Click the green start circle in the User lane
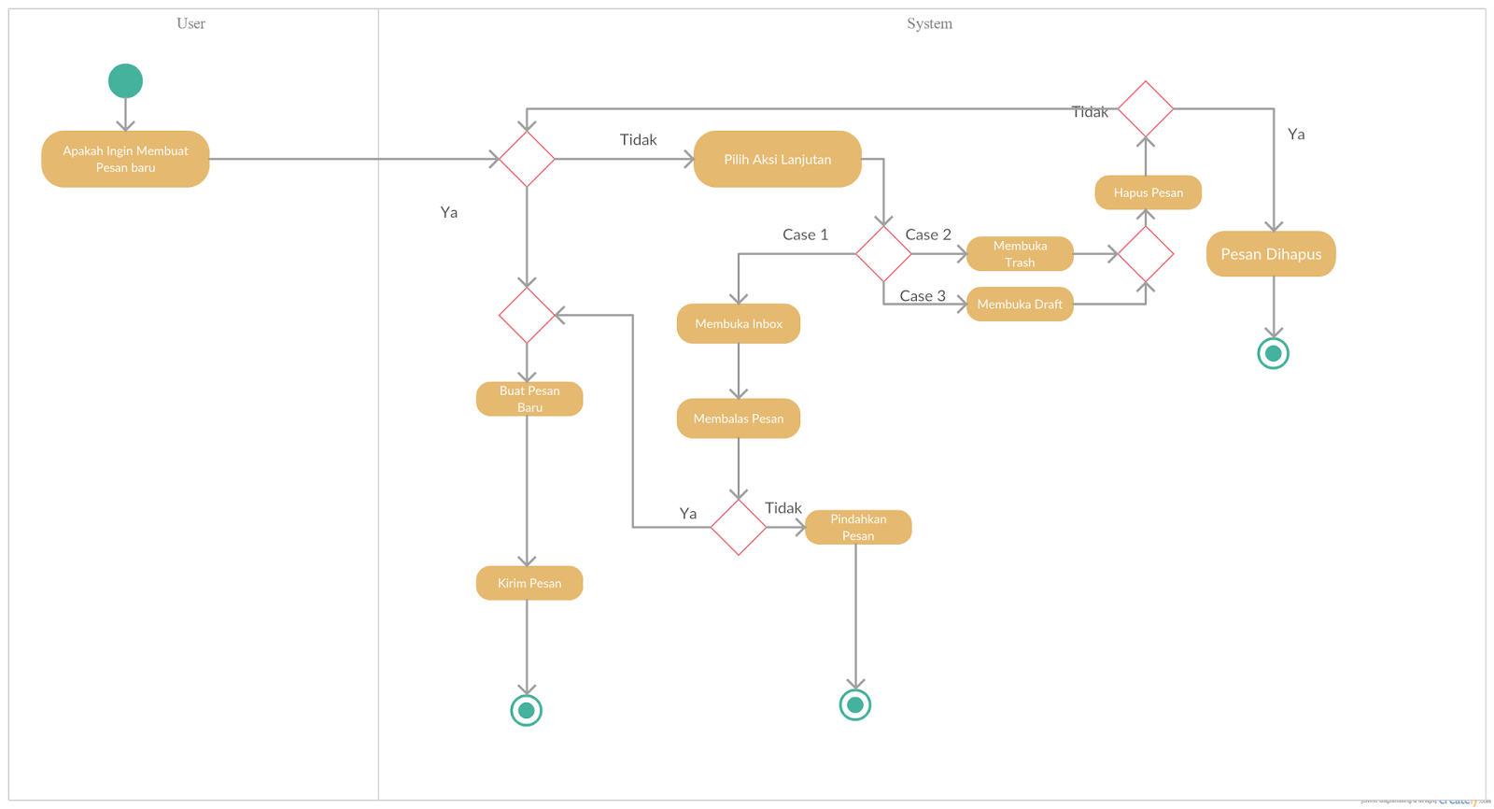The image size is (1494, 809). [x=125, y=81]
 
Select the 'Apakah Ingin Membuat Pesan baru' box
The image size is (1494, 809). [x=125, y=159]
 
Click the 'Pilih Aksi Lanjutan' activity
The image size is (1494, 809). [x=777, y=159]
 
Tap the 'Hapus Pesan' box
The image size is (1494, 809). [x=1148, y=192]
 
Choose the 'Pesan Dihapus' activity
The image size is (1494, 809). [x=1271, y=254]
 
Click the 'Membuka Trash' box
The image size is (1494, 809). [x=1020, y=254]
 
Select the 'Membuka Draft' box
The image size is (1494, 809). [x=1020, y=304]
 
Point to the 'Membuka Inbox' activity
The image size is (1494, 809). [x=739, y=323]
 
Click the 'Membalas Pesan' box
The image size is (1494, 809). [x=739, y=419]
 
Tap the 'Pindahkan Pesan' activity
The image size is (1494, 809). [x=858, y=527]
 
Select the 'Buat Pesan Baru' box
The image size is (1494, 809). [x=529, y=399]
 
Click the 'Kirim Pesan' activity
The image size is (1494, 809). [x=529, y=583]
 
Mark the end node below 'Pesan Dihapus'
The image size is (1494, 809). [x=1273, y=353]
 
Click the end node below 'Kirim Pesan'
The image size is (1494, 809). [x=527, y=710]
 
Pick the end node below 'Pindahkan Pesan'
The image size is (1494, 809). [x=855, y=704]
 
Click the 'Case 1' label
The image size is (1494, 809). [x=805, y=234]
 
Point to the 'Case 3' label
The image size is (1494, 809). [x=923, y=296]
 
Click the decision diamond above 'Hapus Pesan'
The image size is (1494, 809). [x=1146, y=109]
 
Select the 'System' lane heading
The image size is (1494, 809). [x=929, y=23]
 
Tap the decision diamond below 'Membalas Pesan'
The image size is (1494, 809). [x=739, y=527]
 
